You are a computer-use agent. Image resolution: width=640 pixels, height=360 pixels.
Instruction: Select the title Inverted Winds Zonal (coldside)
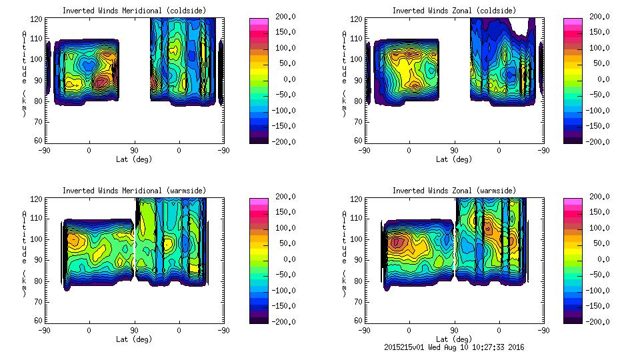point(454,11)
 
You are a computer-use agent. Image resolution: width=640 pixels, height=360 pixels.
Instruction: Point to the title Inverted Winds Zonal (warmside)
point(454,191)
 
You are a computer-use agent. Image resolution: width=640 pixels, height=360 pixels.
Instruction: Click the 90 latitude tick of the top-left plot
point(134,150)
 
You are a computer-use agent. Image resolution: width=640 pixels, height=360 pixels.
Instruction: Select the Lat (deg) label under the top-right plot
point(454,159)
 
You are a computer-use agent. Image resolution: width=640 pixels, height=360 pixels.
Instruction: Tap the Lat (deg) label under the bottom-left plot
point(134,339)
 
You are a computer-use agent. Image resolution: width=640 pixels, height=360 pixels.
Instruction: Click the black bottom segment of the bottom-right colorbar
point(573,319)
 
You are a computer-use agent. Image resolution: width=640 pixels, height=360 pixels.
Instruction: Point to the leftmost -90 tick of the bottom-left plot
point(45,330)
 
